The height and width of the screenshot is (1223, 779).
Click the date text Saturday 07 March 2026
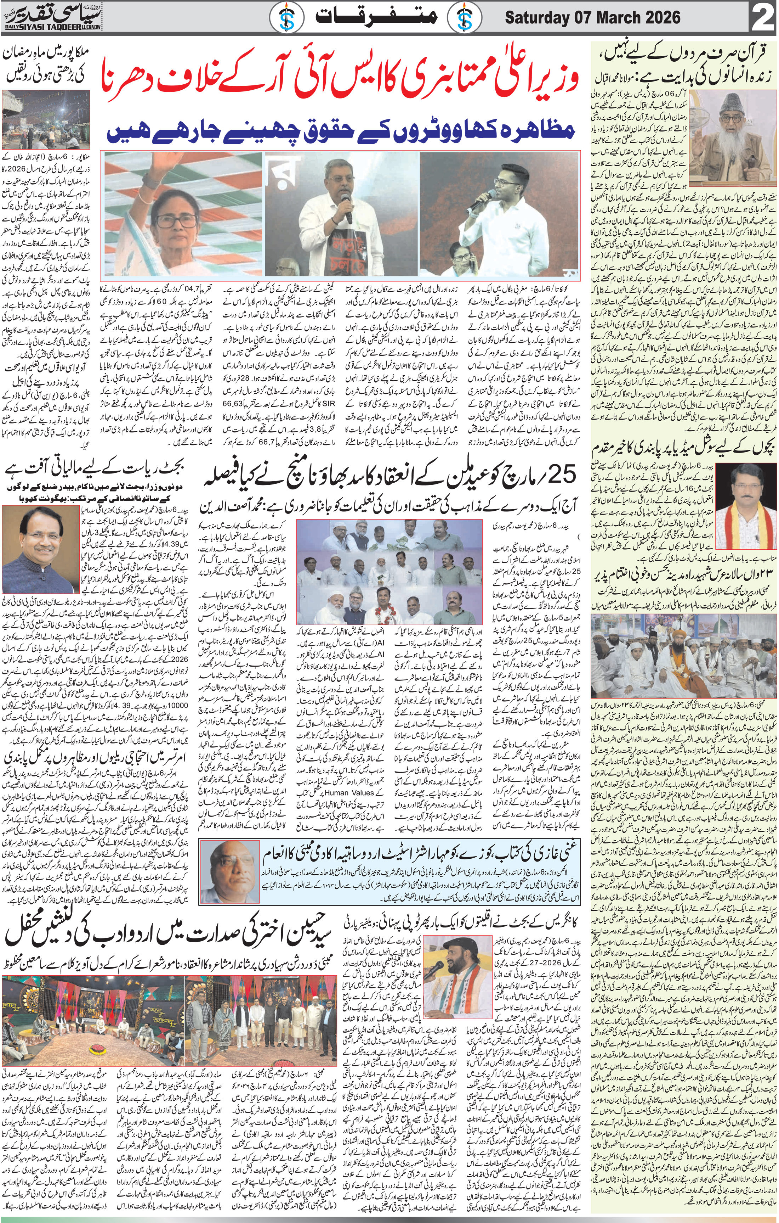(x=592, y=18)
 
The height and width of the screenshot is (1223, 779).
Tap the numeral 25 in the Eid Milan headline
(x=561, y=476)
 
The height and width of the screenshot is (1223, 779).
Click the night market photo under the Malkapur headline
(x=46, y=118)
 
